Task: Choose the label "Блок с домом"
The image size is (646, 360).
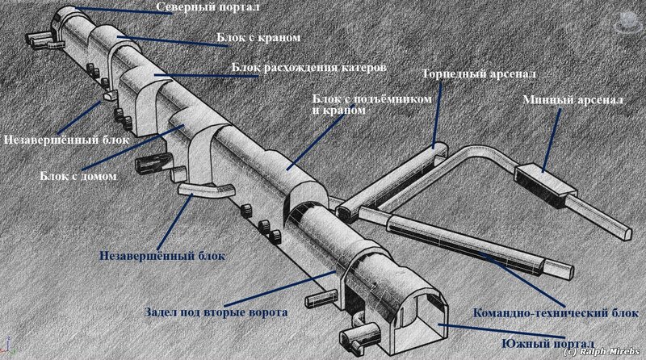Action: tap(77, 175)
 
